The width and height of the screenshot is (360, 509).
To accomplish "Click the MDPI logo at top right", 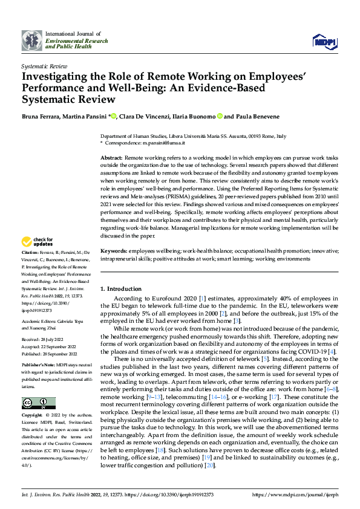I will tap(323, 41).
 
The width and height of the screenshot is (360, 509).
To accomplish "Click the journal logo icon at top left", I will tap(31, 40).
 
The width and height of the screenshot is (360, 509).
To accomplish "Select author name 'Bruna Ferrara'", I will tap(39, 116).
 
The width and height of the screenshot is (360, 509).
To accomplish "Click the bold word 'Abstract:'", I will tap(111, 157).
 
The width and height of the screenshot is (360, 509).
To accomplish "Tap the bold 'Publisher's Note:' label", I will tap(38, 366).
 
